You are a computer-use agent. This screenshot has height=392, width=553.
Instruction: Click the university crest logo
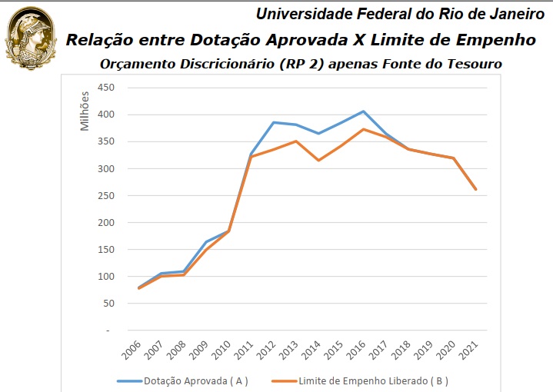(x=31, y=38)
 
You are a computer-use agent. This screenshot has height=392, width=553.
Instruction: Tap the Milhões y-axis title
(x=85, y=111)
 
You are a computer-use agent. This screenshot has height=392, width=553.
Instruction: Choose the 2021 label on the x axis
(x=471, y=351)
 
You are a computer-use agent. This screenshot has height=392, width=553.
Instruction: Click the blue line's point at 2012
(x=273, y=122)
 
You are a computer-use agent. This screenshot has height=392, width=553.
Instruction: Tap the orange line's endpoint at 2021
(x=477, y=189)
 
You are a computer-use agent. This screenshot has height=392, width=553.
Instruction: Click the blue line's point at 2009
(x=205, y=241)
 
